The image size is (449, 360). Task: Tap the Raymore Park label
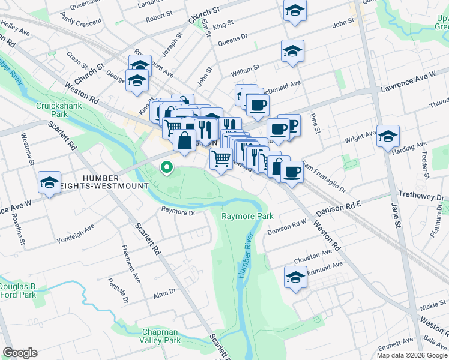(x=247, y=216)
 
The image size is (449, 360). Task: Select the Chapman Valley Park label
(x=161, y=336)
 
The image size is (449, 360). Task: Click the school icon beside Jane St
(x=388, y=136)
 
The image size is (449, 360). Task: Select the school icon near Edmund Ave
(x=295, y=277)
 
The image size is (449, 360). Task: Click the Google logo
(x=20, y=353)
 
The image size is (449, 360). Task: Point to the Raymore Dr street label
(x=178, y=212)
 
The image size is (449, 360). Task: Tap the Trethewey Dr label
(x=423, y=196)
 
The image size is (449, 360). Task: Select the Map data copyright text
(x=412, y=355)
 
